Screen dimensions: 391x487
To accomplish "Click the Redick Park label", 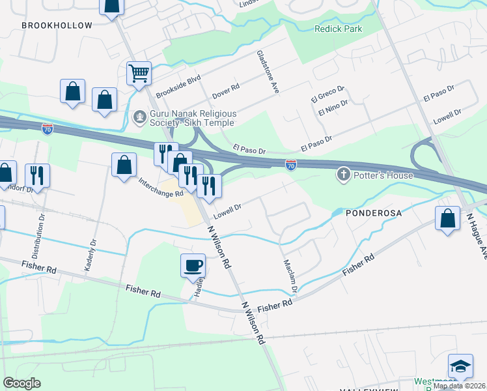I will pyautogui.click(x=338, y=29).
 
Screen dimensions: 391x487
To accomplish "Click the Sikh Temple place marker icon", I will pyautogui.click(x=139, y=117).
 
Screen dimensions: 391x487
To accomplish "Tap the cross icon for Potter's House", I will pyautogui.click(x=343, y=175).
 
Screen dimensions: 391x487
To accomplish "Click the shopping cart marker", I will pyautogui.click(x=139, y=74).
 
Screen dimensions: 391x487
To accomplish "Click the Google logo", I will pyautogui.click(x=23, y=383).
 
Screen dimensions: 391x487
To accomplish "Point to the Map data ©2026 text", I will pyautogui.click(x=459, y=386).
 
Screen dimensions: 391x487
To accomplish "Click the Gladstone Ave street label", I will pyautogui.click(x=268, y=72).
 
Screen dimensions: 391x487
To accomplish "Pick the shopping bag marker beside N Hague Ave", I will pyautogui.click(x=448, y=218).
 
